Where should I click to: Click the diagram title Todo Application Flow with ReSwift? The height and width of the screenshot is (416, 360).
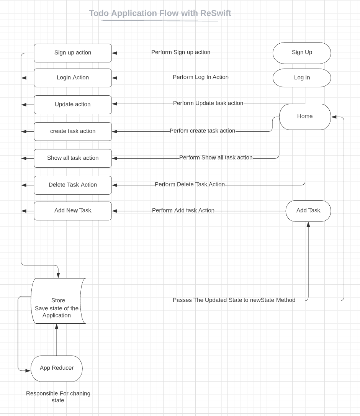click(160, 13)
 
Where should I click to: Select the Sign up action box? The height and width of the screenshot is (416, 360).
click(73, 53)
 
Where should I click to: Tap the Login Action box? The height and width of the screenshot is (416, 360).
click(73, 78)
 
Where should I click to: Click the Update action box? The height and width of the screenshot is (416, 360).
click(73, 105)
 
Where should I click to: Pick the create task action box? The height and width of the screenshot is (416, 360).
click(73, 131)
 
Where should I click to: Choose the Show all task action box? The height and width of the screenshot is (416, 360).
click(73, 158)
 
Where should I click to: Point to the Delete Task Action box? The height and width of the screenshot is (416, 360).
click(73, 185)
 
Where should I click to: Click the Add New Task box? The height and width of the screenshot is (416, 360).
click(73, 211)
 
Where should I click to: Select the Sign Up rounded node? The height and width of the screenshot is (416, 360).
click(302, 52)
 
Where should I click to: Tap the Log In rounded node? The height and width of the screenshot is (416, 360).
click(302, 78)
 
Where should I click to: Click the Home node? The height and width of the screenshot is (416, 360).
click(305, 116)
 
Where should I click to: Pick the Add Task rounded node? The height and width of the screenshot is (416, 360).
click(308, 211)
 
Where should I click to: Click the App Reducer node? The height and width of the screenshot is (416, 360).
click(57, 368)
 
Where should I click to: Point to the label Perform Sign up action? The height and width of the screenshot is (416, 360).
click(181, 52)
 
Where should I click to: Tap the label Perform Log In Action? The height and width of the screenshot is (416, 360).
click(201, 77)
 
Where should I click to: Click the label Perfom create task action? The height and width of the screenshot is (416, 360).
click(203, 131)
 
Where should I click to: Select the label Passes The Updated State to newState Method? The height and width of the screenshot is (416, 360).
click(234, 300)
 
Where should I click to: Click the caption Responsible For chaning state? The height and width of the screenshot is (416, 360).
click(58, 397)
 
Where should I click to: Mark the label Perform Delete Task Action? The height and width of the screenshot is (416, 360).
click(190, 185)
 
